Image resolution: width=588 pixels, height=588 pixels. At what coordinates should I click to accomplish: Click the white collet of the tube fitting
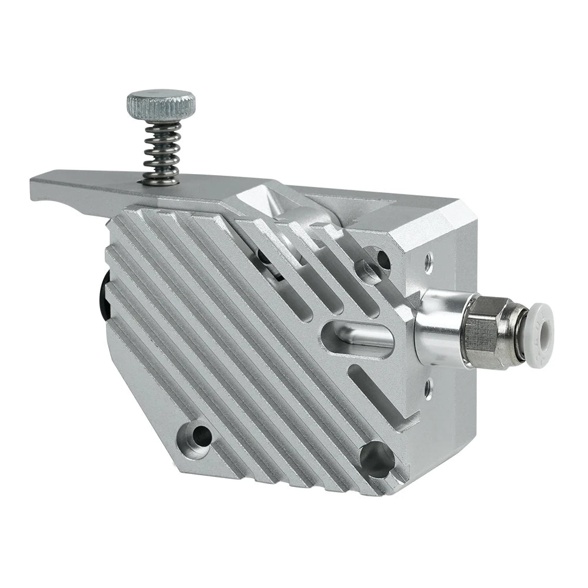tap(539, 335)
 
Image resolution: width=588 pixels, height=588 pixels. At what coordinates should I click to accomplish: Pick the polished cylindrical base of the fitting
tap(438, 326)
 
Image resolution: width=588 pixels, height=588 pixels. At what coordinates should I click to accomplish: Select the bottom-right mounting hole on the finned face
tap(376, 458)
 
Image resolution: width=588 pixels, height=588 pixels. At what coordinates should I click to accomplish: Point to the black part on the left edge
tap(105, 300)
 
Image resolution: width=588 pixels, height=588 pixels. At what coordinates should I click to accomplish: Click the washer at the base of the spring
tap(160, 181)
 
